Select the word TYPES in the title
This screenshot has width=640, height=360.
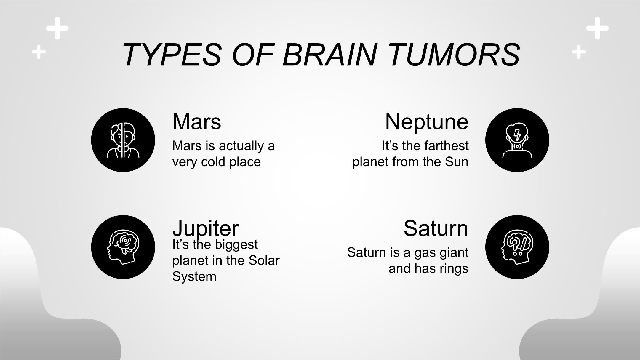pyautogui.click(x=172, y=55)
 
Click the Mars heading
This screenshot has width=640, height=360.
pyautogui.click(x=196, y=121)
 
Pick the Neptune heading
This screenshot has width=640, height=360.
pyautogui.click(x=427, y=122)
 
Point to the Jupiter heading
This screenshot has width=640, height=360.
pyautogui.click(x=205, y=228)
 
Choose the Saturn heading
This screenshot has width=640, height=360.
pyautogui.click(x=436, y=228)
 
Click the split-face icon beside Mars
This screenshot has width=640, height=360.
pyautogui.click(x=123, y=140)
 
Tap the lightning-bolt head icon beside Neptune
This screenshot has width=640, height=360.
pyautogui.click(x=517, y=140)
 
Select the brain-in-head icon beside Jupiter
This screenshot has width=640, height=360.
pyautogui.click(x=123, y=247)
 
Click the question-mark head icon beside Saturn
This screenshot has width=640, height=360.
pyautogui.click(x=517, y=247)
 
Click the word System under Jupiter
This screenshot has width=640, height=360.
pyautogui.click(x=194, y=276)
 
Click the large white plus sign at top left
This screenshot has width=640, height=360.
pyautogui.click(x=57, y=28)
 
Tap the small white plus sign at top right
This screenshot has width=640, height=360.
pyautogui.click(x=579, y=52)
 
